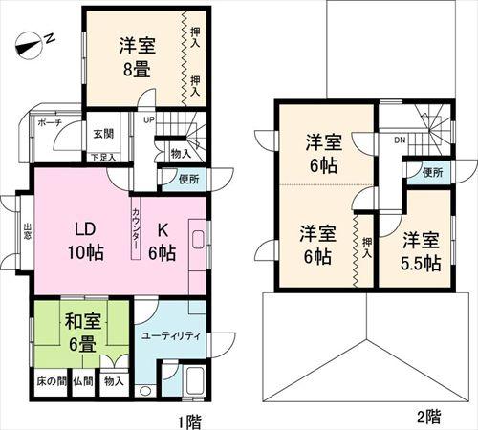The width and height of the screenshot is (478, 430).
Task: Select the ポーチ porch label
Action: coord(50,124)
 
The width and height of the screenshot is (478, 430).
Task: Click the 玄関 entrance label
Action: coord(103,133)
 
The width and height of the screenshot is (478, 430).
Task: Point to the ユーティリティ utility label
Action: coord(170,335)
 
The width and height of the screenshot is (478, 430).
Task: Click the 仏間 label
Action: coord(83,381)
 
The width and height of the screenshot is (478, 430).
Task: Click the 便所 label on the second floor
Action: coord(432,173)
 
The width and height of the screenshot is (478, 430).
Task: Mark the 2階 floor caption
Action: coord(427,417)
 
